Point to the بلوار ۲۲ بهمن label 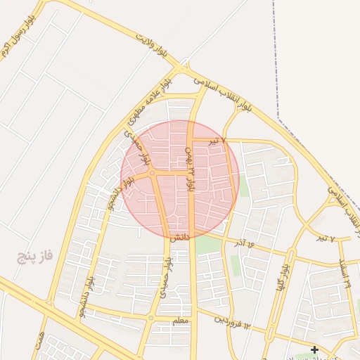click(191, 169)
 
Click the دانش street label click(180, 238)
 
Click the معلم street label click(181, 321)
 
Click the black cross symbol click(314, 349)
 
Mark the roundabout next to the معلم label click(150, 319)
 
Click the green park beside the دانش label click(207, 245)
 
